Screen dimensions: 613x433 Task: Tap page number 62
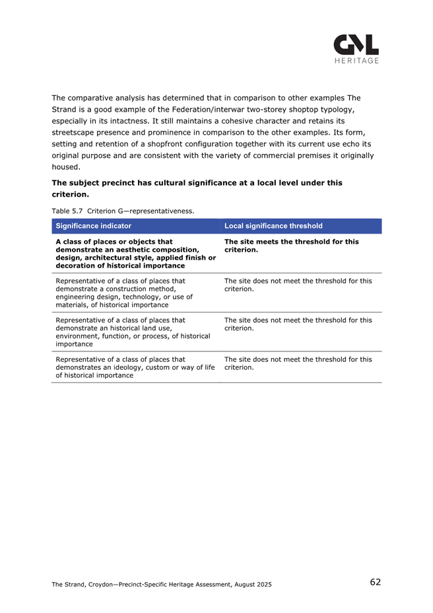tap(375, 582)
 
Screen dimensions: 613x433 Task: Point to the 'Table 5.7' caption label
tap(67, 211)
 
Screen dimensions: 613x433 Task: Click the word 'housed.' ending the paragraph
tap(66, 167)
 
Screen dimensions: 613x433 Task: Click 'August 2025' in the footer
tap(249, 584)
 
